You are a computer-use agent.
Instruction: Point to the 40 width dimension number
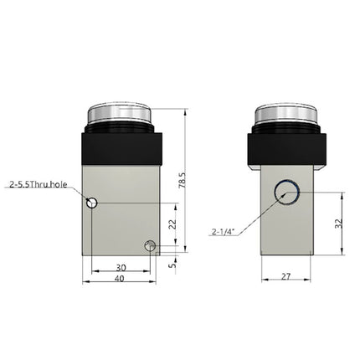point(121,279)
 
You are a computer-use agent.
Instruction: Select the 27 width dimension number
point(286,275)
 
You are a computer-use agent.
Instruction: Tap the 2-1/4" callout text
point(223,230)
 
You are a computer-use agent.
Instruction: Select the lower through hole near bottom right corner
point(151,245)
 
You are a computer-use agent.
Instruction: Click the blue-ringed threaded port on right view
point(287,194)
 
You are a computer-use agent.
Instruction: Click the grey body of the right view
point(287,230)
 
